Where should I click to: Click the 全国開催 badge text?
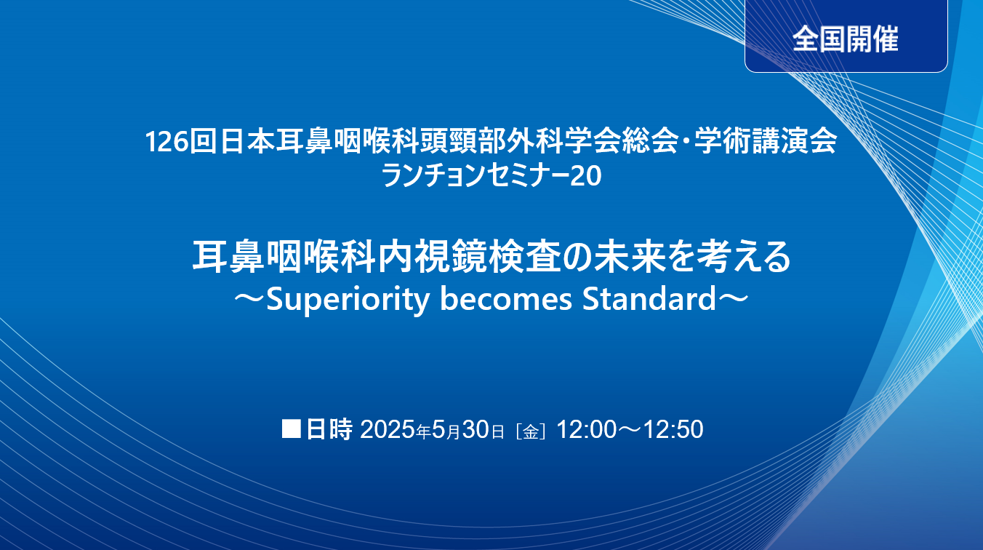(x=846, y=39)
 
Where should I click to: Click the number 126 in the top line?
(x=166, y=142)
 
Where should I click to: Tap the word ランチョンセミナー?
(x=475, y=175)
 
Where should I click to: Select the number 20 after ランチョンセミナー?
(x=585, y=176)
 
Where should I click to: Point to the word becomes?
(x=506, y=298)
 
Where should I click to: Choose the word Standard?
(x=649, y=298)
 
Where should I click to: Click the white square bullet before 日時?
(x=291, y=429)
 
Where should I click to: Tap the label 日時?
(x=329, y=429)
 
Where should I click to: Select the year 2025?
(x=388, y=429)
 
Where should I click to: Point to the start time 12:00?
(x=587, y=429)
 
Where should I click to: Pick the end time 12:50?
(x=673, y=429)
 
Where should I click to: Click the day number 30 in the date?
(x=476, y=429)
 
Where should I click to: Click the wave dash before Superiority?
(x=249, y=299)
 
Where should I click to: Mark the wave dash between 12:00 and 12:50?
(x=630, y=430)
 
